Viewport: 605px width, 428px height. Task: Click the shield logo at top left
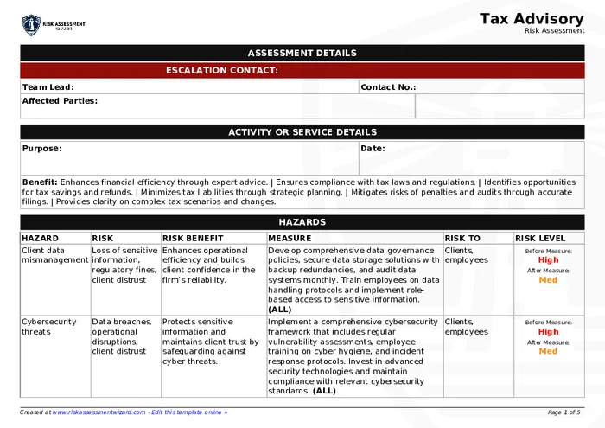(x=31, y=24)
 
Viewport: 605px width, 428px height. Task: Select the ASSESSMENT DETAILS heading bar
(x=302, y=53)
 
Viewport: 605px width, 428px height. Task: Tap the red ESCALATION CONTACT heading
(x=221, y=70)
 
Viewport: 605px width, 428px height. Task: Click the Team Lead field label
(x=48, y=87)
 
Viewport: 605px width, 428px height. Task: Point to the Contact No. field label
(x=388, y=87)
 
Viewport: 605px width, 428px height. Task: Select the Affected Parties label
(x=59, y=101)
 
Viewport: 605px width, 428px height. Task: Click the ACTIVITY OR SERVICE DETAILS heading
(x=302, y=132)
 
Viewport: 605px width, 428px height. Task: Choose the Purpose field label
(x=41, y=149)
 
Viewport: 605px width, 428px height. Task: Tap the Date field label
(x=373, y=149)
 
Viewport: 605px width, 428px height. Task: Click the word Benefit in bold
(x=39, y=182)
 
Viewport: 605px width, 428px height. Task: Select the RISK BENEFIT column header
(x=193, y=238)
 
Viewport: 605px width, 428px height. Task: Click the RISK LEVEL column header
(x=540, y=238)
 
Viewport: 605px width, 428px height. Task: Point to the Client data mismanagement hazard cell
(x=54, y=255)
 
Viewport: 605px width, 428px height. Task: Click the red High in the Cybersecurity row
(x=548, y=331)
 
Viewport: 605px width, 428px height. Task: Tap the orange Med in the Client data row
(x=548, y=280)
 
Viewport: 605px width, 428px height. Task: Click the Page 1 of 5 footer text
(x=564, y=412)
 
